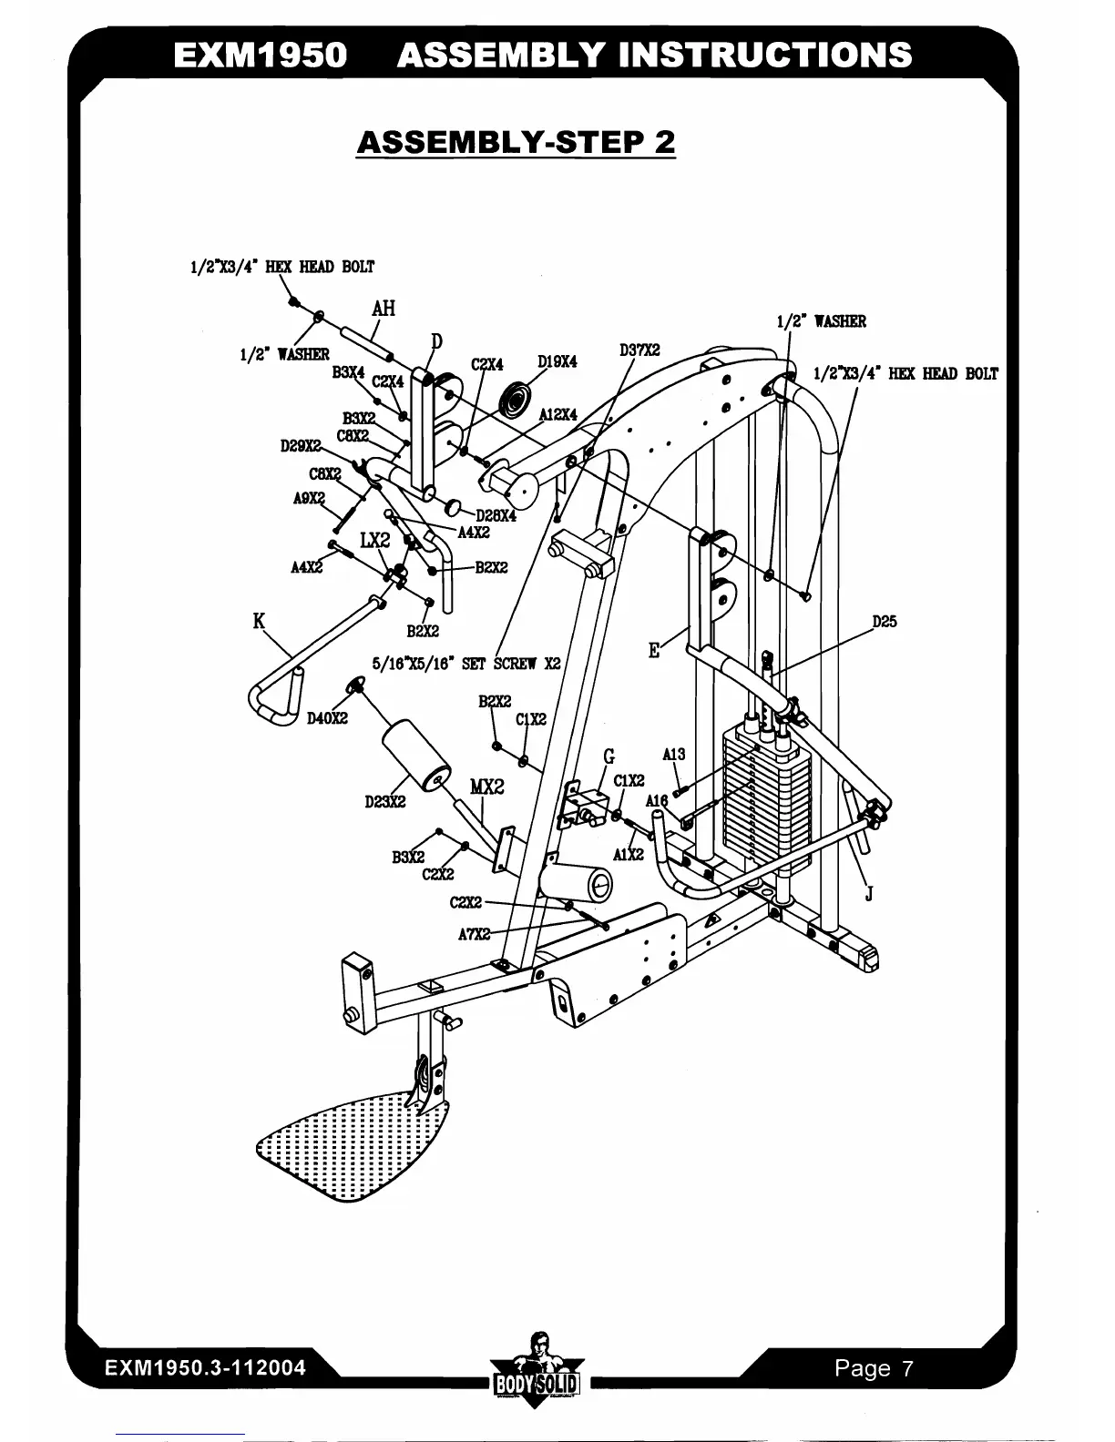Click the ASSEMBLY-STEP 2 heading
pyautogui.click(x=516, y=143)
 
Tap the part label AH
pyautogui.click(x=384, y=308)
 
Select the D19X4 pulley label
pyautogui.click(x=557, y=361)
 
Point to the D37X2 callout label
pyautogui.click(x=639, y=350)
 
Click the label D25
pyautogui.click(x=885, y=622)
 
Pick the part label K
pyautogui.click(x=259, y=622)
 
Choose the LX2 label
pyautogui.click(x=374, y=541)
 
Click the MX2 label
pyautogui.click(x=486, y=787)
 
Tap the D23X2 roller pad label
pyautogui.click(x=384, y=802)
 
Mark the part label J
pyautogui.click(x=868, y=894)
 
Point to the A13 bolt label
pyautogui.click(x=673, y=755)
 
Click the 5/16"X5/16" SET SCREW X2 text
pyautogui.click(x=466, y=664)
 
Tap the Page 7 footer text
pyautogui.click(x=874, y=1368)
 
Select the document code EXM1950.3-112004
pyautogui.click(x=205, y=1368)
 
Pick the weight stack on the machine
pyautogui.click(x=765, y=792)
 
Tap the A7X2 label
pyautogui.click(x=474, y=934)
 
